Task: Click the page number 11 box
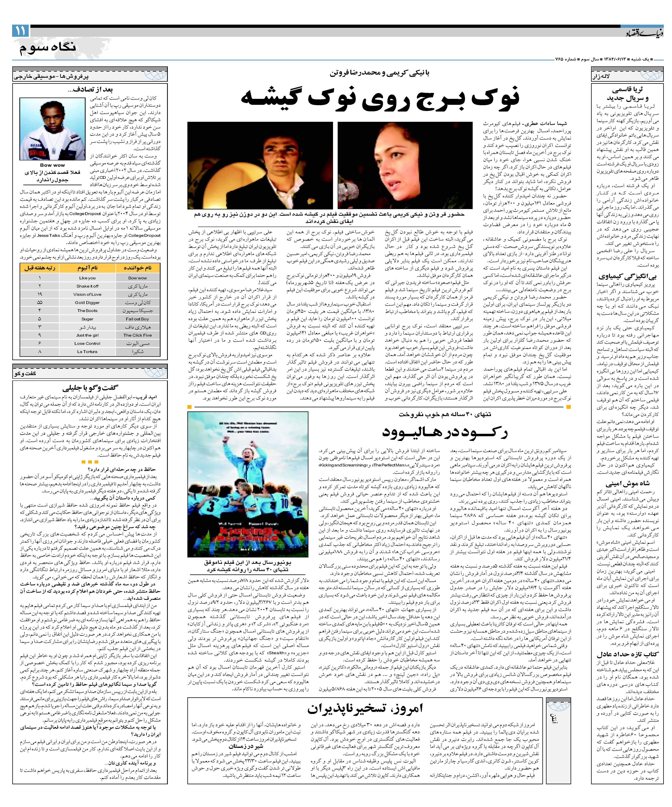[20, 30]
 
